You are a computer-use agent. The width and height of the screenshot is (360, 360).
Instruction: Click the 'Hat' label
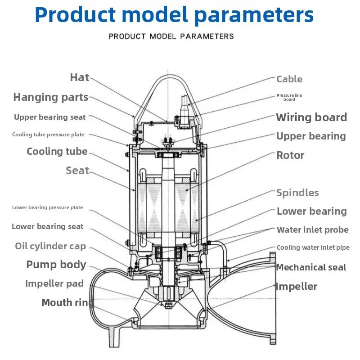pos(80,77)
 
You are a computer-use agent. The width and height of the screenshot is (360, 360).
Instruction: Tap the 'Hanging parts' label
pos(51,97)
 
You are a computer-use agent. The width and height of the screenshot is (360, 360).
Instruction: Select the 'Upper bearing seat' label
pos(49,117)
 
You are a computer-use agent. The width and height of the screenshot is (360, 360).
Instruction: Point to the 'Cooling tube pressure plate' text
pos(48,135)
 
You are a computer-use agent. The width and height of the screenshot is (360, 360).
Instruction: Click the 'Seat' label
pos(77,171)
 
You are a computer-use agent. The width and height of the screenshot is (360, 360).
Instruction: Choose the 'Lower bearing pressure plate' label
pos(48,207)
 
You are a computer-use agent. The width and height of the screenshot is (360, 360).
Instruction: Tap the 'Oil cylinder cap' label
pos(50,246)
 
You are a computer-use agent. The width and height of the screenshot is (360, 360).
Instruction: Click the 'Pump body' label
pos(56,265)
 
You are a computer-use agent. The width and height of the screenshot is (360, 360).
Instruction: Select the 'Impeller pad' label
pos(54,283)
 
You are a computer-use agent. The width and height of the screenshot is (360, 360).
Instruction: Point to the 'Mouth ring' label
pos(68,302)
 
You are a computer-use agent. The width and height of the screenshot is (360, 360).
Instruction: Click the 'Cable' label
pos(289,79)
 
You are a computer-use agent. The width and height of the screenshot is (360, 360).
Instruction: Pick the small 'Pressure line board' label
pos(289,97)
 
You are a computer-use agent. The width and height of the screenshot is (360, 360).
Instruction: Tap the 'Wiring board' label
pos(311,117)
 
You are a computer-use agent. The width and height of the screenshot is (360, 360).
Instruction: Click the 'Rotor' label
pos(290,155)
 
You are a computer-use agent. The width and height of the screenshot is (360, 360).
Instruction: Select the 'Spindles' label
pos(297,193)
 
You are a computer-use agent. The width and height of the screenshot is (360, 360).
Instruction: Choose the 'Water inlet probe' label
pos(313,230)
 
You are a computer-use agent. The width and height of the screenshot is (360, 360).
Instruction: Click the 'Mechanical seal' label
pos(311,267)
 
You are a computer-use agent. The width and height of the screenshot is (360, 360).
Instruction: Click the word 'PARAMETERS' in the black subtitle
pos(207,36)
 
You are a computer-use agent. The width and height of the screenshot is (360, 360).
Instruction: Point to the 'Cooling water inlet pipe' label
pos(313,247)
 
